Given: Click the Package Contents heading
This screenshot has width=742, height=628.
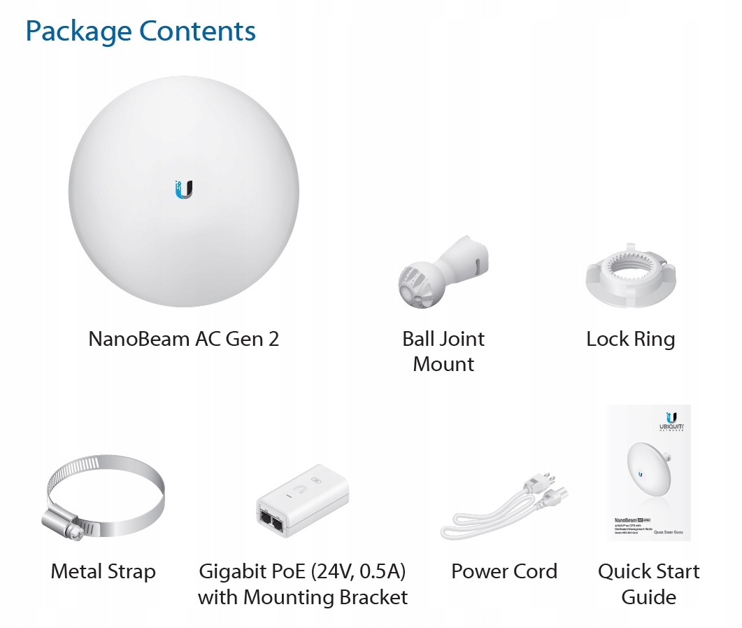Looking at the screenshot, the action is point(140,32).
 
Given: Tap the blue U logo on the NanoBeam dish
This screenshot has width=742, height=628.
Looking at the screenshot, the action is point(184,189).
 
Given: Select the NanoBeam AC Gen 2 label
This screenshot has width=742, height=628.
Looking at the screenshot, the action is point(183,339).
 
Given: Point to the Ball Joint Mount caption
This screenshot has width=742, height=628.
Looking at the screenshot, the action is point(443,351).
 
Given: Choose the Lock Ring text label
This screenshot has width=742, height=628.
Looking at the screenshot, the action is point(630,340).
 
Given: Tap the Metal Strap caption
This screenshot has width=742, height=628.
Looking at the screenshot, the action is point(103,571).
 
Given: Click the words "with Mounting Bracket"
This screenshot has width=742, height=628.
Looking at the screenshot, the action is point(302,598).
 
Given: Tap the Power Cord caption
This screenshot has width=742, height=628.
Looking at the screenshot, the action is point(504,571).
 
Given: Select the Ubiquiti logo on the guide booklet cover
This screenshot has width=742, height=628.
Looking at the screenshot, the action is point(672,420).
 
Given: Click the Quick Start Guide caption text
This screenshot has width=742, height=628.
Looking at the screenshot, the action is point(648,584).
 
